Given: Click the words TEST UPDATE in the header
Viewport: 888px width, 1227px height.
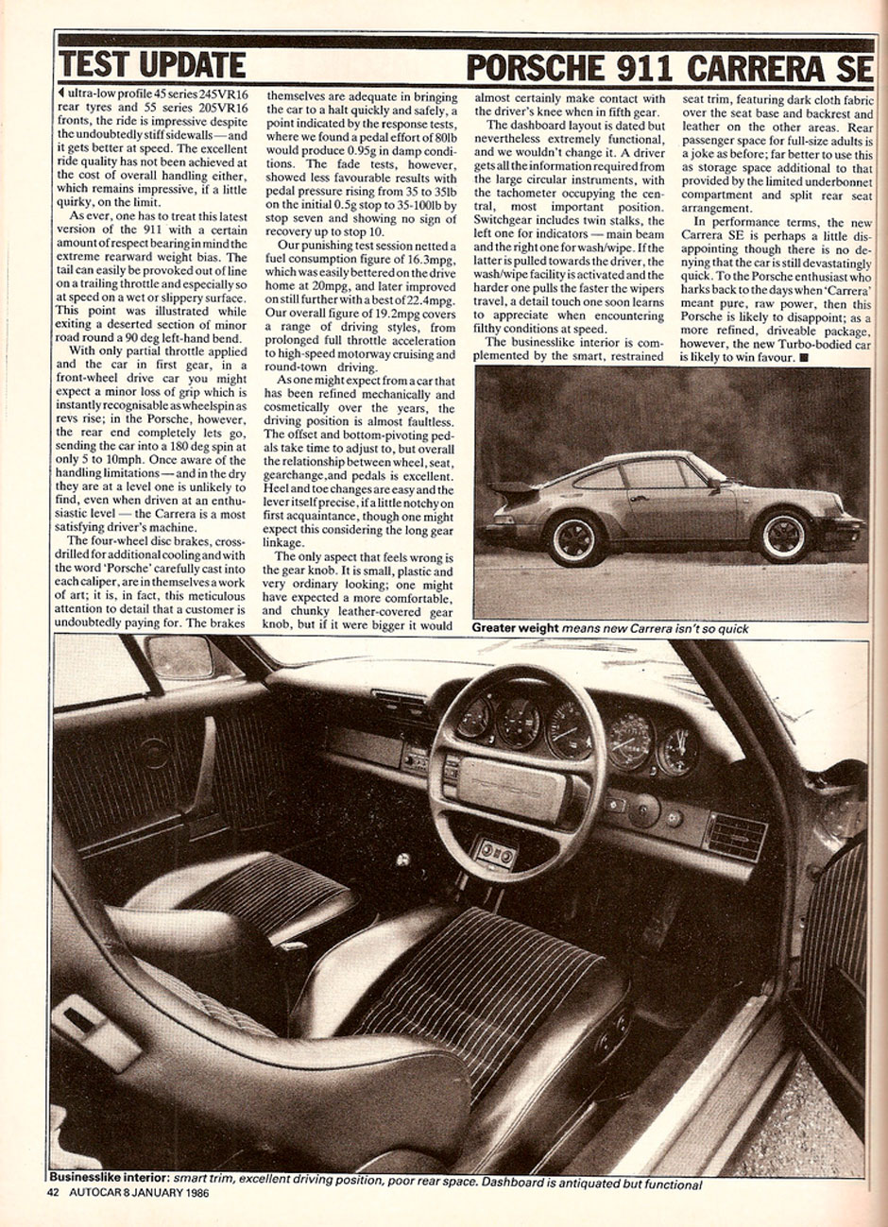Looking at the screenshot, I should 151,65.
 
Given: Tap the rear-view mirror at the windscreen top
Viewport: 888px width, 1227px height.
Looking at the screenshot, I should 179,656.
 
